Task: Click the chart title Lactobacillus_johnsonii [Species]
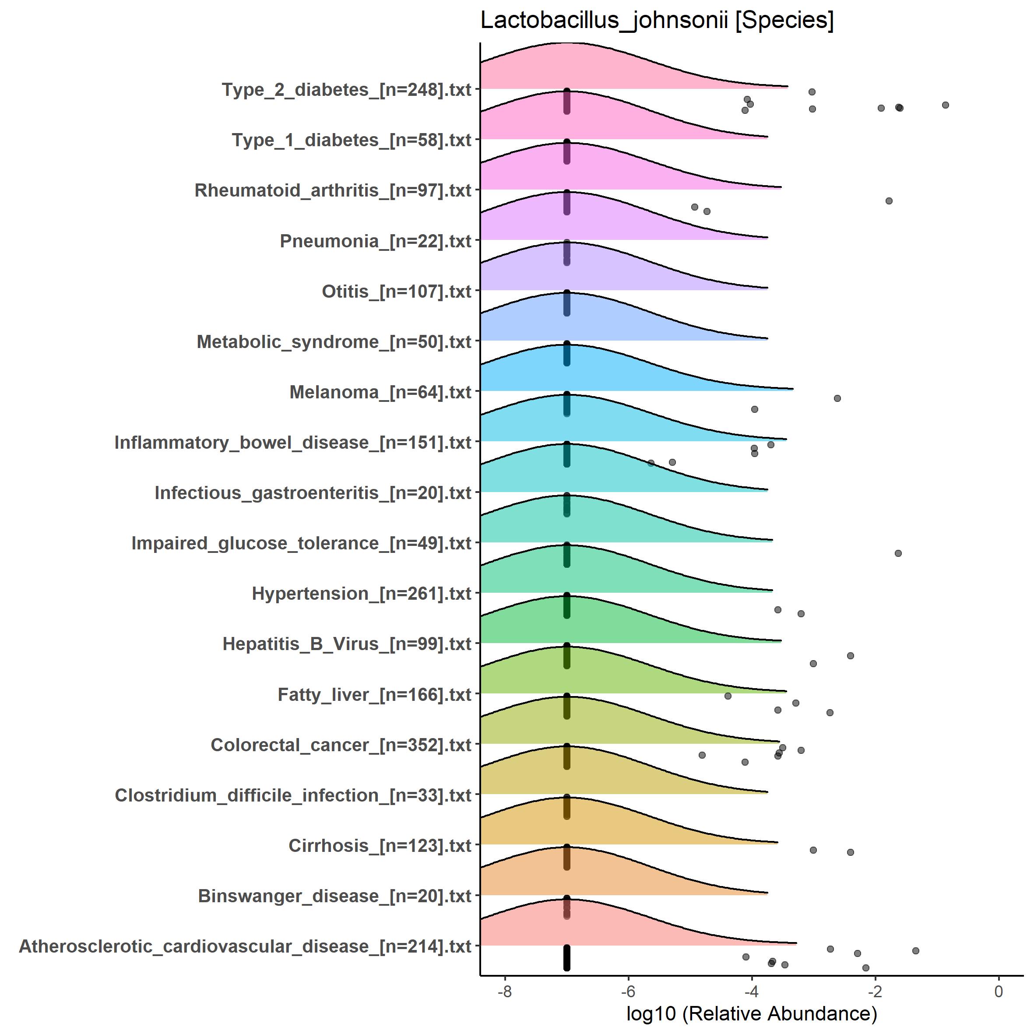click(657, 21)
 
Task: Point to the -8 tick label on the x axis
click(504, 991)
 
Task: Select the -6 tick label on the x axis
click(628, 991)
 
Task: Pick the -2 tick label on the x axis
click(875, 991)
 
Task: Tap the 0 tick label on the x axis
click(998, 991)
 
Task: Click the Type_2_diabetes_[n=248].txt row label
click(346, 90)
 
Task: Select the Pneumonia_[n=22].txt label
click(375, 241)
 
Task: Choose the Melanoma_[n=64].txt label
click(380, 392)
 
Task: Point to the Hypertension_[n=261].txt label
click(361, 594)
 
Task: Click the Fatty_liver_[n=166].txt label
click(374, 695)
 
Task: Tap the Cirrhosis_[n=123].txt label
click(380, 846)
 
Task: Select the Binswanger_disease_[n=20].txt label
click(334, 896)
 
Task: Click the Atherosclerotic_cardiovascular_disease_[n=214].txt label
click(245, 946)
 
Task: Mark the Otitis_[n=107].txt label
click(396, 292)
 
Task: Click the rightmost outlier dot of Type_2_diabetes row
click(945, 105)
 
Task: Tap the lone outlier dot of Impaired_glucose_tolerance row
click(898, 553)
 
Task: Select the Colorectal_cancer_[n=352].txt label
click(341, 745)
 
